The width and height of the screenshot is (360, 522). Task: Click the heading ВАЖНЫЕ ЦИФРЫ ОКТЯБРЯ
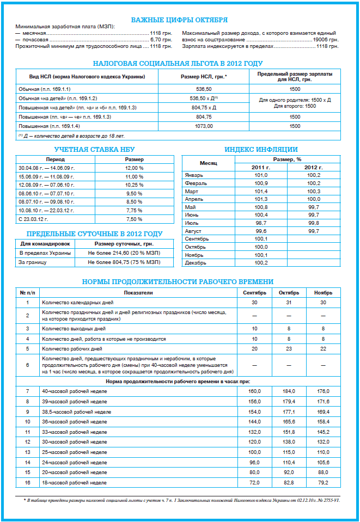pos(179,20)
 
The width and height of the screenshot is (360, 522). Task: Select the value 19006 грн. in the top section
pos(325,40)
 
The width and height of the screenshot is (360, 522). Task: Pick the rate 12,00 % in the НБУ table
pos(134,168)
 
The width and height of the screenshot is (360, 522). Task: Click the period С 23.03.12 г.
pos(33,219)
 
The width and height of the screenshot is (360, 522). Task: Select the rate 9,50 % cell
pos(134,193)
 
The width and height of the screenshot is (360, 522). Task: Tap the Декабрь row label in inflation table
pos(196,263)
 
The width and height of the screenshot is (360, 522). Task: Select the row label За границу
pos(33,262)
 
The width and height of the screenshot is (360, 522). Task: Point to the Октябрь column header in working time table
pos(289,293)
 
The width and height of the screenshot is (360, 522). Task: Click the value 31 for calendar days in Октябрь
pos(289,302)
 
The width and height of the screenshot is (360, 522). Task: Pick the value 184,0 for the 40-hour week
pos(289,392)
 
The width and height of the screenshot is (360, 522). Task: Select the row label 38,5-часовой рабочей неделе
pos(77,412)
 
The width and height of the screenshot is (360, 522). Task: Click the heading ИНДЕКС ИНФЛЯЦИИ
pos(261,150)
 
